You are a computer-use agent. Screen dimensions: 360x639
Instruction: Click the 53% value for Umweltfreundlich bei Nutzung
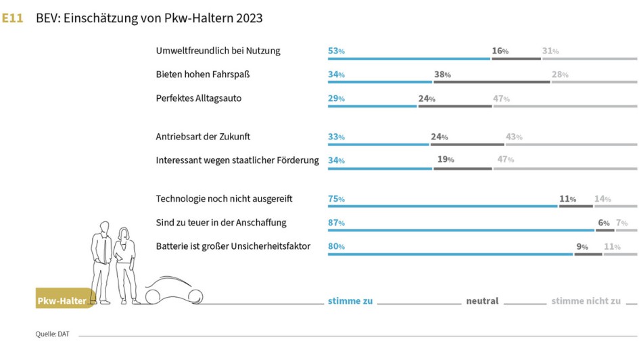coord(336,51)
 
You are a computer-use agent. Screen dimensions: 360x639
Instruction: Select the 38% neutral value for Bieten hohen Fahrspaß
coord(442,74)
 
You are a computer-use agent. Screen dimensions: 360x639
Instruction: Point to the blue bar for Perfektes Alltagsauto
coord(372,106)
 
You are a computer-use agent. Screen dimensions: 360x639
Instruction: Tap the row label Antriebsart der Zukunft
coord(203,136)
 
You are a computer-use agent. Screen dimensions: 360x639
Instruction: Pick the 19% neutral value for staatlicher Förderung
coord(445,160)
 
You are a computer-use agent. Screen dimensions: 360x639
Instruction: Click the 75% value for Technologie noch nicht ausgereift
coord(336,199)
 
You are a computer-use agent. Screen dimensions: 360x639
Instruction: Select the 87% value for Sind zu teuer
coord(336,223)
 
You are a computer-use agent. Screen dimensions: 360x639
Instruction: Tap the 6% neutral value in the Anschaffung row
coord(603,223)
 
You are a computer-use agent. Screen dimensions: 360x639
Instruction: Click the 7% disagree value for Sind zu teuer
coord(622,223)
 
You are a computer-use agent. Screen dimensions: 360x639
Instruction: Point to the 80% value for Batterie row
coord(336,246)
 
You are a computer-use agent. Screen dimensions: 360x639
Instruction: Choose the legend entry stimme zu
coord(350,301)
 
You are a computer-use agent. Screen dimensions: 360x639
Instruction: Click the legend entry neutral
coord(482,301)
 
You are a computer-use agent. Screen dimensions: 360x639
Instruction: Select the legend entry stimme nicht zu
coord(586,301)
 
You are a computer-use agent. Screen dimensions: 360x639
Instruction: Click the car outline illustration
coord(174,292)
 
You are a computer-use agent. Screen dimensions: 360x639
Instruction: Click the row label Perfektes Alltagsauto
coord(198,98)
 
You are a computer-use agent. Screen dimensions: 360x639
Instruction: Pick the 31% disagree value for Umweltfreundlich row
coord(550,51)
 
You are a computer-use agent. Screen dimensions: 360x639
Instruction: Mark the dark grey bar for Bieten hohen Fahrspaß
coord(492,82)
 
